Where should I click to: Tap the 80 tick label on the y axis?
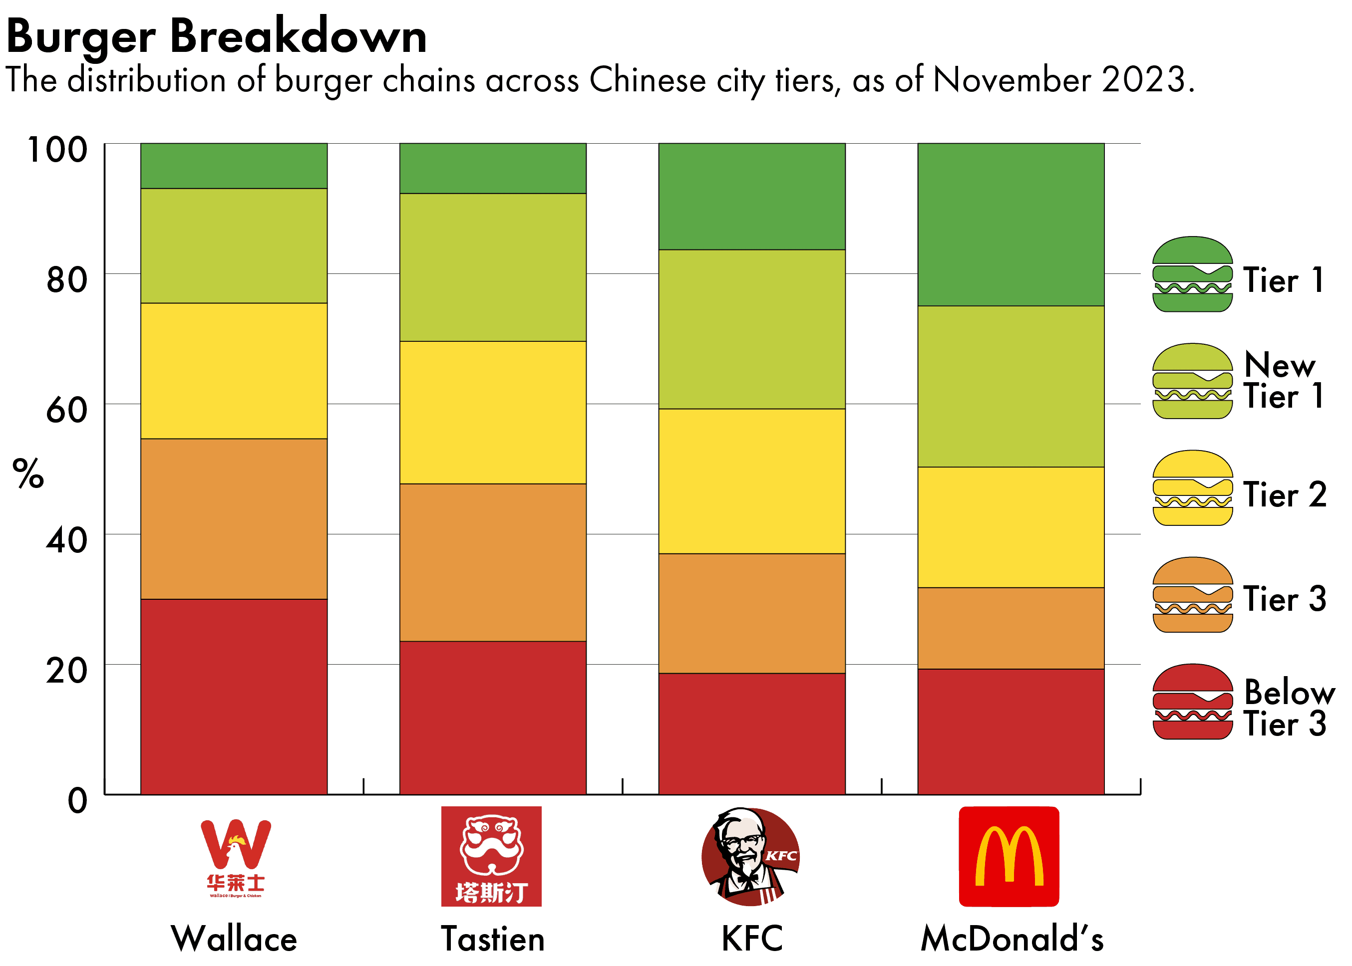click(x=66, y=279)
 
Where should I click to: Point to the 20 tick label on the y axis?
click(x=66, y=671)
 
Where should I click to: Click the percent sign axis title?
click(x=28, y=474)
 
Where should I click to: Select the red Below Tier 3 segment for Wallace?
click(x=234, y=696)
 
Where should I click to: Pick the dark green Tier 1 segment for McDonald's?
click(x=1011, y=224)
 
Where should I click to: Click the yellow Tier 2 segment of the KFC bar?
click(x=751, y=481)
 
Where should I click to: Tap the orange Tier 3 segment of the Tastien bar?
click(x=493, y=562)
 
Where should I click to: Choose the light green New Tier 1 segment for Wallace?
click(x=234, y=245)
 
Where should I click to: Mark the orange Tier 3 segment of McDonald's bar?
click(x=1011, y=628)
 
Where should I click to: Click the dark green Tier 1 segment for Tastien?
click(x=493, y=168)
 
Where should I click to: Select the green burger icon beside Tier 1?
click(x=1192, y=274)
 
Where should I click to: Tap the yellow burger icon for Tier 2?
click(x=1192, y=488)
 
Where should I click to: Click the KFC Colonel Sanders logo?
click(x=750, y=857)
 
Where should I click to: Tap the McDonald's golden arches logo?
click(x=1009, y=857)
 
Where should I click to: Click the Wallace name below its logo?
click(x=234, y=939)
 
